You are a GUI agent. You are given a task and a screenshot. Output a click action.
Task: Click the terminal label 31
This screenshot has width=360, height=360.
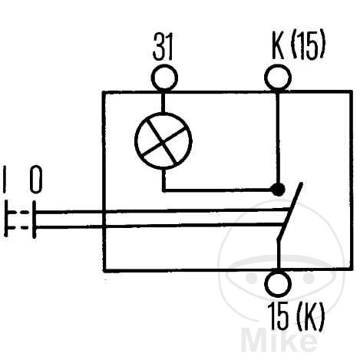click(x=163, y=47)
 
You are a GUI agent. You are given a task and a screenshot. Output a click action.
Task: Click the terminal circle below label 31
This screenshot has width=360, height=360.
click(x=164, y=78)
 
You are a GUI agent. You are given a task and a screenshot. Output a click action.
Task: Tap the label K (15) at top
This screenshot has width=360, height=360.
click(x=299, y=46)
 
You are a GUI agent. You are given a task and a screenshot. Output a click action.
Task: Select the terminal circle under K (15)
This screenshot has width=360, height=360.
click(x=278, y=77)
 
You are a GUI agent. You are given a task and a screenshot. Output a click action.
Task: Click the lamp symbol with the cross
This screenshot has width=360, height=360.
click(x=163, y=140)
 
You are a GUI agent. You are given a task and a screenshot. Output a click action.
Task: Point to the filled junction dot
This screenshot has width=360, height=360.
click(x=278, y=190)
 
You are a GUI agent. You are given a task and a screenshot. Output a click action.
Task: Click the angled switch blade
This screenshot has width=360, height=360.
click(x=290, y=211)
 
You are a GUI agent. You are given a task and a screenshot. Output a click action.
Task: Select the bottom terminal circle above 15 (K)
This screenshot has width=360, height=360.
click(x=278, y=283)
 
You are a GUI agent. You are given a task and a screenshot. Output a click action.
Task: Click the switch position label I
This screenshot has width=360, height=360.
click(x=5, y=179)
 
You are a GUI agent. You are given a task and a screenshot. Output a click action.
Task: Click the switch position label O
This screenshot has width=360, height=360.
click(x=36, y=180)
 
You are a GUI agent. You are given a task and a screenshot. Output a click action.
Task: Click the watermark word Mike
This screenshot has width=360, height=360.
click(x=279, y=339)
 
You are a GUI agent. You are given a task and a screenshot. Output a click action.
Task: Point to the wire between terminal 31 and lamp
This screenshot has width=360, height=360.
click(x=163, y=102)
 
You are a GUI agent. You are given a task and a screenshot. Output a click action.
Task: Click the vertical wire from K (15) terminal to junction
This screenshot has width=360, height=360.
click(x=279, y=137)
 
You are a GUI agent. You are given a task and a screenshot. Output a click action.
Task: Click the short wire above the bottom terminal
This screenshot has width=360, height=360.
click(x=278, y=255)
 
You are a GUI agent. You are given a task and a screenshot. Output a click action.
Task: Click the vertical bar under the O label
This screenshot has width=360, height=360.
click(x=34, y=220)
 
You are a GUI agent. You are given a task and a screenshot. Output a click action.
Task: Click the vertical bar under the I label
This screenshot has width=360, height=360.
click(x=5, y=220)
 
